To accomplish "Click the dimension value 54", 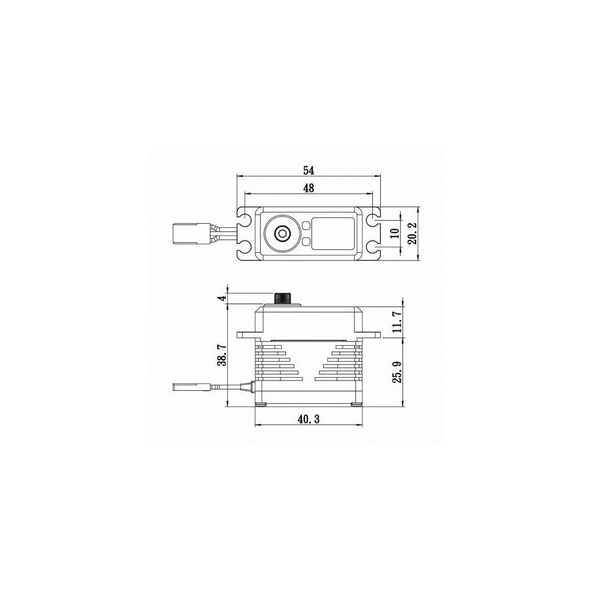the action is click(308, 170).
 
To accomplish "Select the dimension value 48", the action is click(308, 188).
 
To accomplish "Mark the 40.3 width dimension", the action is click(308, 419).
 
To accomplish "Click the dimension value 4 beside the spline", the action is click(223, 298).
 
